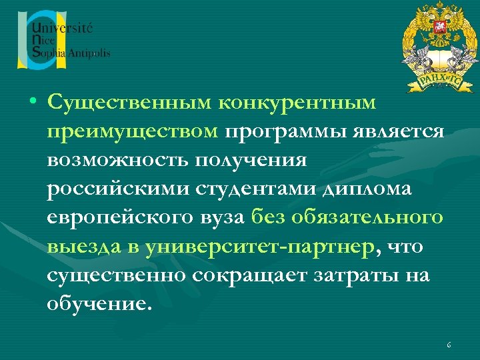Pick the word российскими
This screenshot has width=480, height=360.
[117, 189]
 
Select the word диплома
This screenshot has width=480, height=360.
[368, 189]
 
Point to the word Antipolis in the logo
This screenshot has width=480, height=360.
[90, 53]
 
